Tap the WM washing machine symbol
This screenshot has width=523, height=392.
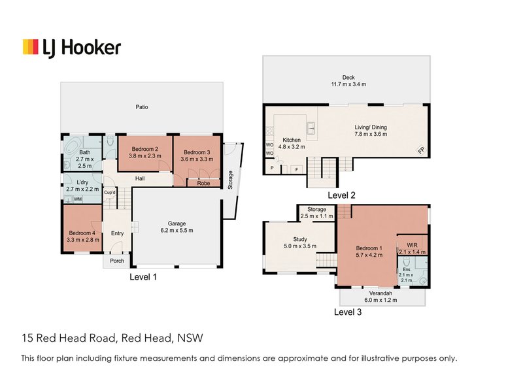(x=78, y=199)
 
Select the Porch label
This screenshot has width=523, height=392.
(x=116, y=261)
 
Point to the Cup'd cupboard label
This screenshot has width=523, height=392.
(x=110, y=193)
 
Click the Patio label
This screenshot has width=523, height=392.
(x=142, y=106)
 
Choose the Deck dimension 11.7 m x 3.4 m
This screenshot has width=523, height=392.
(x=348, y=84)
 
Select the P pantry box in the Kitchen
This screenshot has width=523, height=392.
(x=271, y=169)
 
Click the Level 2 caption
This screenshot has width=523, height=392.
(x=341, y=195)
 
